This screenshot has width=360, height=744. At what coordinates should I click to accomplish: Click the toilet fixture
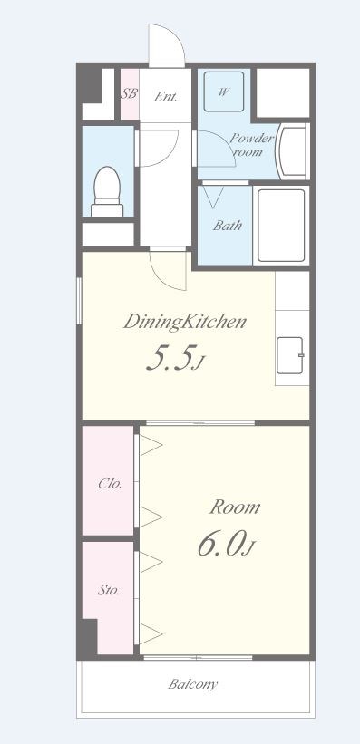(x=107, y=192)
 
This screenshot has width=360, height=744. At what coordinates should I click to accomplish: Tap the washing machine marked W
(x=224, y=92)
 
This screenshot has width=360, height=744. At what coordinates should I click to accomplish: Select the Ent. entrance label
(x=165, y=97)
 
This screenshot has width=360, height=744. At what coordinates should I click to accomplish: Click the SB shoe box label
(x=129, y=93)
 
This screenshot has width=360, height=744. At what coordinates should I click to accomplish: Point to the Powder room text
(x=252, y=145)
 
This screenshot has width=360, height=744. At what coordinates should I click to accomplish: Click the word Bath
(x=228, y=225)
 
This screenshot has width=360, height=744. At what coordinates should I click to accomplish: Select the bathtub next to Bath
(x=281, y=226)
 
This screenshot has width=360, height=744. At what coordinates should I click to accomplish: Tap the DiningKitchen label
(x=185, y=322)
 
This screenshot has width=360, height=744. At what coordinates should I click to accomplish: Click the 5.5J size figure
(x=175, y=359)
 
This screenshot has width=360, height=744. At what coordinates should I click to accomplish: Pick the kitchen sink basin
(x=289, y=355)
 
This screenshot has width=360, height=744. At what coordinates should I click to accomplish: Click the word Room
(x=235, y=507)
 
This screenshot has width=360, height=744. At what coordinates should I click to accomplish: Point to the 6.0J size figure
(x=227, y=544)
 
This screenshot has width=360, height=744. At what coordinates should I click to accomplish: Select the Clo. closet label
(x=111, y=485)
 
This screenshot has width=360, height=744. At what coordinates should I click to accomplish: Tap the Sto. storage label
(x=108, y=591)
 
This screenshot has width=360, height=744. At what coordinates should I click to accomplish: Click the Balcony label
(x=193, y=684)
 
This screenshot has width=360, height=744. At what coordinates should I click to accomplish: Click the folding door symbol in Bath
(x=213, y=195)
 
